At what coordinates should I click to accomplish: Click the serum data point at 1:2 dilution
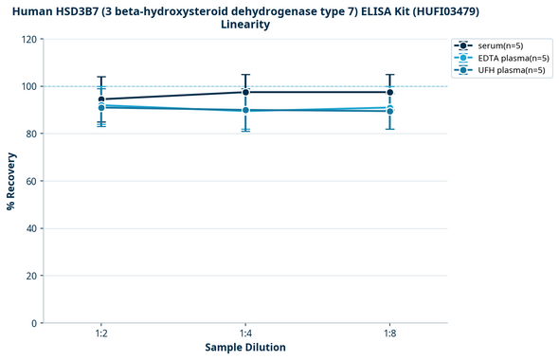(x=101, y=99)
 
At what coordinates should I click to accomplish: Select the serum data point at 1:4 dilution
(x=245, y=92)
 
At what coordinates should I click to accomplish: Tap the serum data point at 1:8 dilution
(x=389, y=92)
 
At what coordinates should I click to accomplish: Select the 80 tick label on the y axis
(x=31, y=135)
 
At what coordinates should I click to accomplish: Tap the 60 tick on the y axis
(x=31, y=182)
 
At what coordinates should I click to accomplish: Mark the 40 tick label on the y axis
(x=31, y=228)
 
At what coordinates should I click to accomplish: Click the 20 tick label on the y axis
(x=31, y=276)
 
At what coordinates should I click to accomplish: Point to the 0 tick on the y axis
(x=34, y=323)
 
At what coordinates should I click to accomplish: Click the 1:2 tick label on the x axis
(x=101, y=333)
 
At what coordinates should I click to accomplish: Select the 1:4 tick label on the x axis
(x=245, y=333)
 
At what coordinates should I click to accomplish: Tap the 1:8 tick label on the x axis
(x=389, y=333)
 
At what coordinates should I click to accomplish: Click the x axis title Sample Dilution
(x=245, y=348)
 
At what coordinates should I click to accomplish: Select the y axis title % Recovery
(x=11, y=181)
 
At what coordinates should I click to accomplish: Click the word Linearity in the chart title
(x=245, y=25)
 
